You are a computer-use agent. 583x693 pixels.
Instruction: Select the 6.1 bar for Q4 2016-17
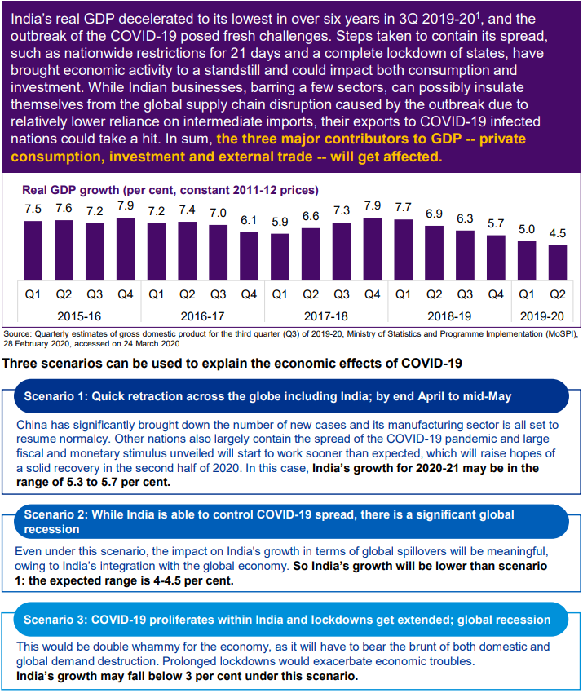[249, 256]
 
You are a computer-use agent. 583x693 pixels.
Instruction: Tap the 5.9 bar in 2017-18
[280, 257]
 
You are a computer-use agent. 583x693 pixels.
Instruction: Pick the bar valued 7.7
[403, 250]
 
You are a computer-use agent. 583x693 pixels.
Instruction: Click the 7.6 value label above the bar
[63, 209]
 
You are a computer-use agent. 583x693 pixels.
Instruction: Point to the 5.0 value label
[527, 230]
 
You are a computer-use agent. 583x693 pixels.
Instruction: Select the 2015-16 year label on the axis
[78, 315]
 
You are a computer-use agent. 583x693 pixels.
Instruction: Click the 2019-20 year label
[542, 315]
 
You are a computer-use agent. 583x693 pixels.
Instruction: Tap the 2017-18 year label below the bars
[325, 315]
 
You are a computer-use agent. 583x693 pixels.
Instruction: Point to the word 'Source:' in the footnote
[16, 334]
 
